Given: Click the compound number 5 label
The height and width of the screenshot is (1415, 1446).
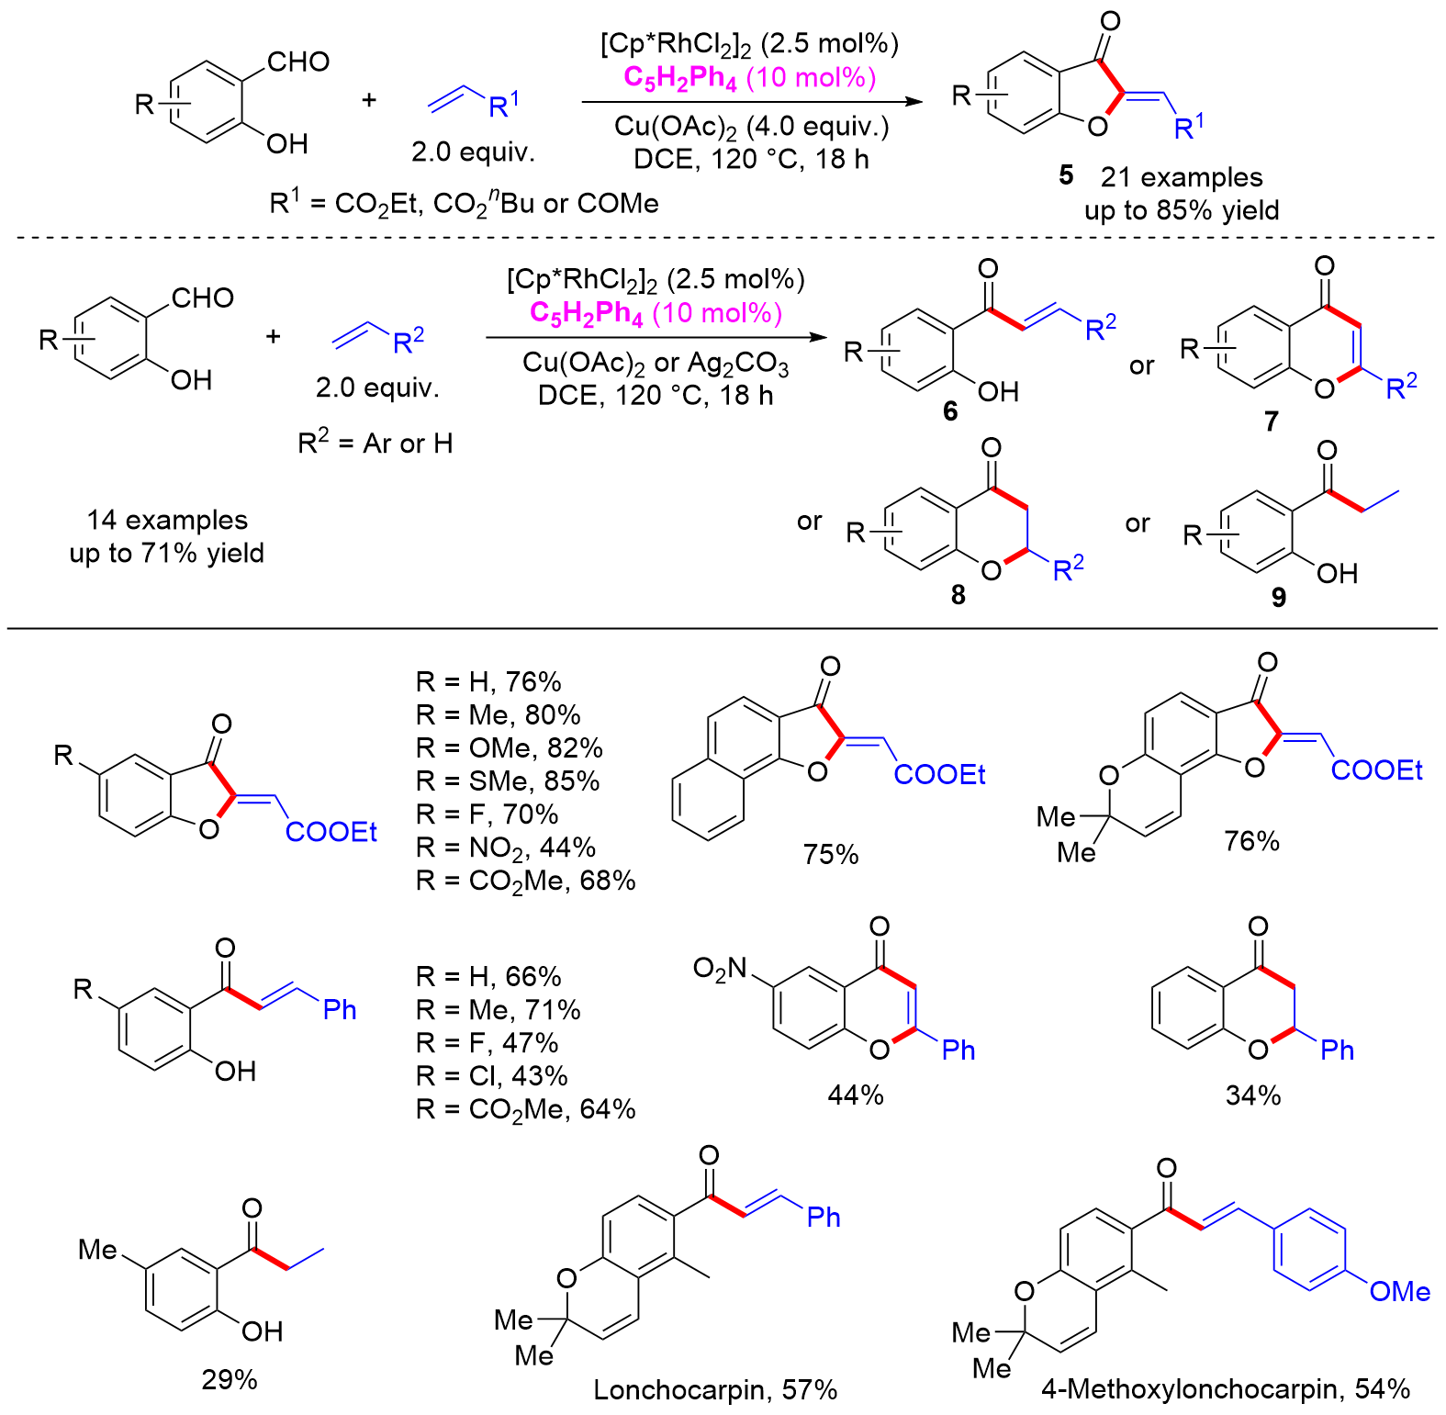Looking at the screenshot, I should tap(1065, 175).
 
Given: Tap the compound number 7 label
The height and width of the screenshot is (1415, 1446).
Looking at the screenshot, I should tap(1271, 421).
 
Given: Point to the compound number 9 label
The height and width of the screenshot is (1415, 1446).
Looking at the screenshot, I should tap(1278, 598).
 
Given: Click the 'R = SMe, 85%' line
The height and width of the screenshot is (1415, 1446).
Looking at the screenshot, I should tap(508, 781).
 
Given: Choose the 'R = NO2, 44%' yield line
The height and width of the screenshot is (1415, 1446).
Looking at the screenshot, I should tap(506, 848).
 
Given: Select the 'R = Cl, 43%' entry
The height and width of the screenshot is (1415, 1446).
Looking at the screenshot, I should tap(492, 1075).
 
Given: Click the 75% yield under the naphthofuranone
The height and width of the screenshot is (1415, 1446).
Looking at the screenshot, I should tap(831, 854).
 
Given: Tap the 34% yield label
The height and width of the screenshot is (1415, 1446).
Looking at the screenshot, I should tap(1253, 1095).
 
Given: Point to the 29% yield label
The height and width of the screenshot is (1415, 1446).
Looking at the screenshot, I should tap(230, 1379).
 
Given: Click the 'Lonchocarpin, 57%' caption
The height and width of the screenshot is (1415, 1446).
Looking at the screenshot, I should tap(715, 1390).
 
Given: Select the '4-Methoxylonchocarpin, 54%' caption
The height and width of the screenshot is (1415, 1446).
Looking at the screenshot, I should tap(1226, 1388).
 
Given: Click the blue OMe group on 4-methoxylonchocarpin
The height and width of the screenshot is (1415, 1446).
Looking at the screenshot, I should tap(1399, 1292).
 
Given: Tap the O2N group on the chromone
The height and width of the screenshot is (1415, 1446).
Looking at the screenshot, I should tap(721, 968).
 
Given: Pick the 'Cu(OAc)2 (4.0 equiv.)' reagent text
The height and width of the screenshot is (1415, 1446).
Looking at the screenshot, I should tap(752, 126).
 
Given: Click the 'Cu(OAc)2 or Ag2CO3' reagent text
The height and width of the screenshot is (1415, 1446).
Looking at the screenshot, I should tap(656, 364).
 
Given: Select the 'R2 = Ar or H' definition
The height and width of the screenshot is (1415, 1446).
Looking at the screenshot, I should tap(376, 444).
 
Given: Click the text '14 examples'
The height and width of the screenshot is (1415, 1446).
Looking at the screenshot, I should tap(167, 520).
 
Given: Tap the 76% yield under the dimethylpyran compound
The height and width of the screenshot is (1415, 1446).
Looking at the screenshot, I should tap(1251, 841).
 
